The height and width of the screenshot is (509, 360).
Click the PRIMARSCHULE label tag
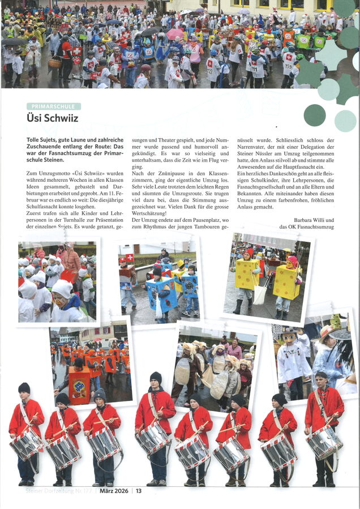54,106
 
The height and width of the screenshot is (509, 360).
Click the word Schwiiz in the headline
57,118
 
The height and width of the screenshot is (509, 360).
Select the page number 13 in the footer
139,491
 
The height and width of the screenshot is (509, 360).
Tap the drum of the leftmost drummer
25,445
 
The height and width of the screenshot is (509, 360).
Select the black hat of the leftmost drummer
24,388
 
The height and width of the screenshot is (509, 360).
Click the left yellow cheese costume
247,274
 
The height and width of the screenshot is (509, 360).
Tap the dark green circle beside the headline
314,115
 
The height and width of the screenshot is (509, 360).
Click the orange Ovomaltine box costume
79,385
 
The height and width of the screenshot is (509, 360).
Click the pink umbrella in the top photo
175,34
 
